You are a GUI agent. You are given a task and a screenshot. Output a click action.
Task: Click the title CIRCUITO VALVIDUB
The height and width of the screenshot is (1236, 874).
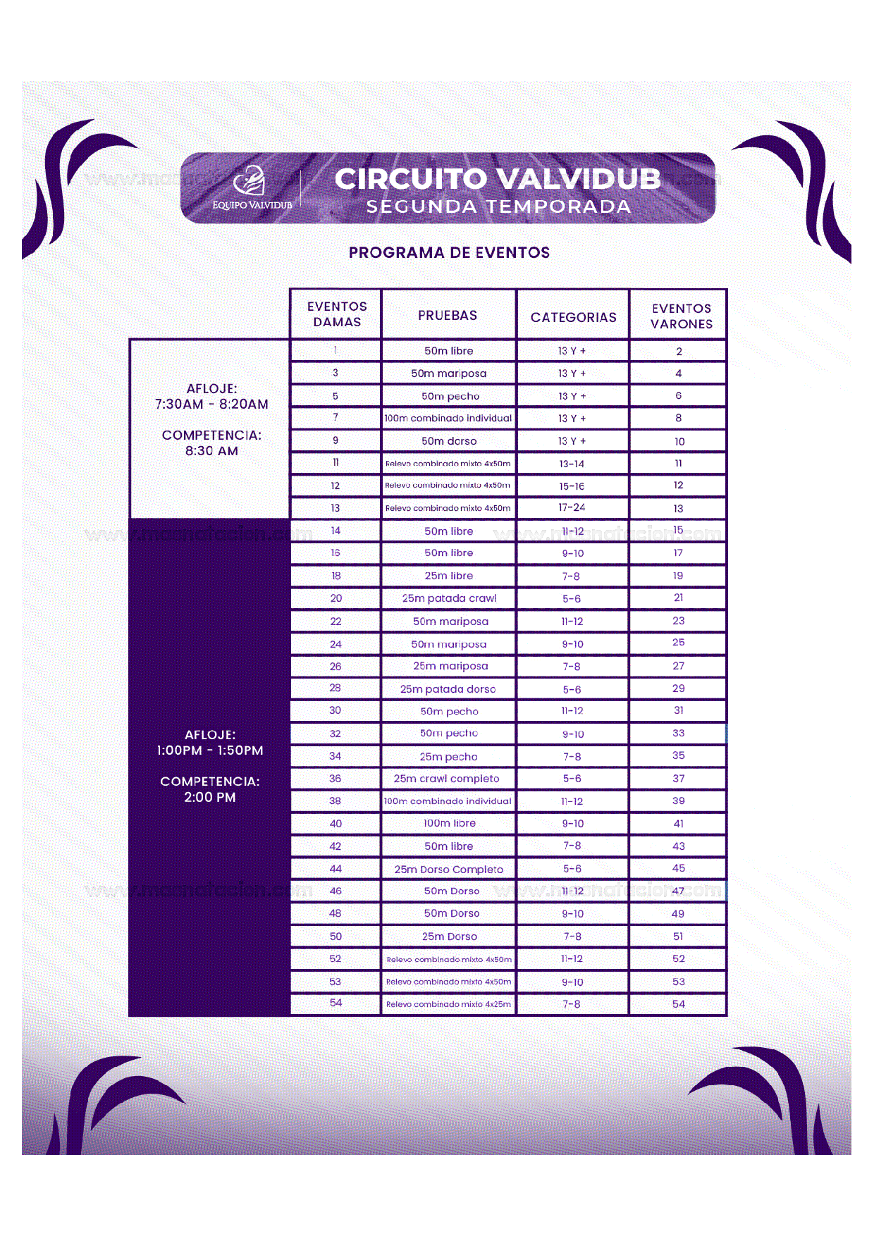[498, 179]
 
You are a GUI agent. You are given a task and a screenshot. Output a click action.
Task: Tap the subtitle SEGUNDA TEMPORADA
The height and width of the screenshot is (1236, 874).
[498, 206]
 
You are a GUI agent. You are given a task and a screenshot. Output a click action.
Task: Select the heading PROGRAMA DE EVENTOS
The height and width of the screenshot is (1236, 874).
[449, 252]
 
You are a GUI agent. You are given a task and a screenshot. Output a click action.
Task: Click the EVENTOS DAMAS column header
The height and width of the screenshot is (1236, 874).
[337, 314]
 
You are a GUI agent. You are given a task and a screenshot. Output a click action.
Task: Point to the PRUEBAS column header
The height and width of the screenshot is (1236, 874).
[448, 316]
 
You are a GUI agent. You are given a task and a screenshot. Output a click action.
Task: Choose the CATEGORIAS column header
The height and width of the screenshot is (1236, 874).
[573, 317]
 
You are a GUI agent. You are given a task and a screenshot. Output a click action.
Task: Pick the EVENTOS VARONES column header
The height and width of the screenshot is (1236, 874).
[681, 316]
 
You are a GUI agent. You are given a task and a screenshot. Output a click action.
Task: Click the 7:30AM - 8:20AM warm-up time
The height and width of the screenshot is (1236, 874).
[211, 404]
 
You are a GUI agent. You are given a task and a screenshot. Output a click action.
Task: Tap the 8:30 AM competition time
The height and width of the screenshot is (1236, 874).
[211, 451]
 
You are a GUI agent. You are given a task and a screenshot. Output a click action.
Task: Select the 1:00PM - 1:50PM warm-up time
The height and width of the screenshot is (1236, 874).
[210, 750]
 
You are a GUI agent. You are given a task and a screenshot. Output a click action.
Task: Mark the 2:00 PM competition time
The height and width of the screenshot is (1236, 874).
[210, 797]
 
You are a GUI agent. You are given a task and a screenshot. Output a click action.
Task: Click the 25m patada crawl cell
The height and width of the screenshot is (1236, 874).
[449, 598]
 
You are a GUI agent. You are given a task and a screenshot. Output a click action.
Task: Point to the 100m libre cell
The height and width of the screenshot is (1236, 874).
[449, 823]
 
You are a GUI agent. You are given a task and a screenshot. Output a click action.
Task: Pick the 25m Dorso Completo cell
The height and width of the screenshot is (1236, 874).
[448, 869]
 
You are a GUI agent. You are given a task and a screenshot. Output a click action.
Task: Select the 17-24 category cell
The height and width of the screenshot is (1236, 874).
[572, 507]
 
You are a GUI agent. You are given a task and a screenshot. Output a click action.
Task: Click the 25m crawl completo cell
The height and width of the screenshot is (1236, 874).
[446, 779]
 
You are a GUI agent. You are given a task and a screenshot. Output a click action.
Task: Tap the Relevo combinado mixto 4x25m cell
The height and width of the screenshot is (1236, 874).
[448, 1004]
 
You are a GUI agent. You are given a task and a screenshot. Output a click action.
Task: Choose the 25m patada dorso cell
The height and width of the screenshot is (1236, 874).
[448, 688]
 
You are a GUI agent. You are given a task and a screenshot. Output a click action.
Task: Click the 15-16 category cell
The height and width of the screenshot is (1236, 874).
[572, 486]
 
